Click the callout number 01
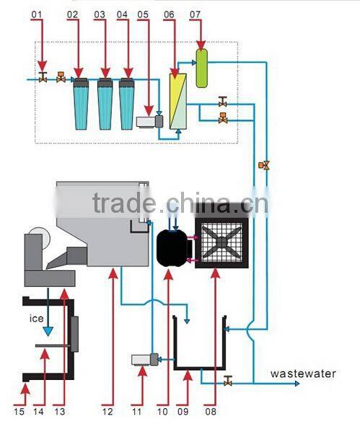click(37, 14)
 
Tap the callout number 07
click(195, 14)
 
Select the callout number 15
click(19, 412)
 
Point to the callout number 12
click(107, 412)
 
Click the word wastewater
click(303, 374)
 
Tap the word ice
click(37, 318)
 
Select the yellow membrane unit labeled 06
click(178, 101)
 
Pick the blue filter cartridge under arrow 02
click(81, 104)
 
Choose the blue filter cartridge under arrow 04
click(126, 104)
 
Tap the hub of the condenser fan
click(221, 241)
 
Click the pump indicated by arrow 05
click(149, 122)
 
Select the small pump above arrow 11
click(145, 359)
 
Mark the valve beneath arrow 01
click(43, 77)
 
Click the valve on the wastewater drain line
click(228, 381)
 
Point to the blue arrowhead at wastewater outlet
click(297, 384)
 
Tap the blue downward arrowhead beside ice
click(48, 332)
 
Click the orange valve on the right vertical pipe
click(264, 165)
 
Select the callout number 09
click(183, 412)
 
